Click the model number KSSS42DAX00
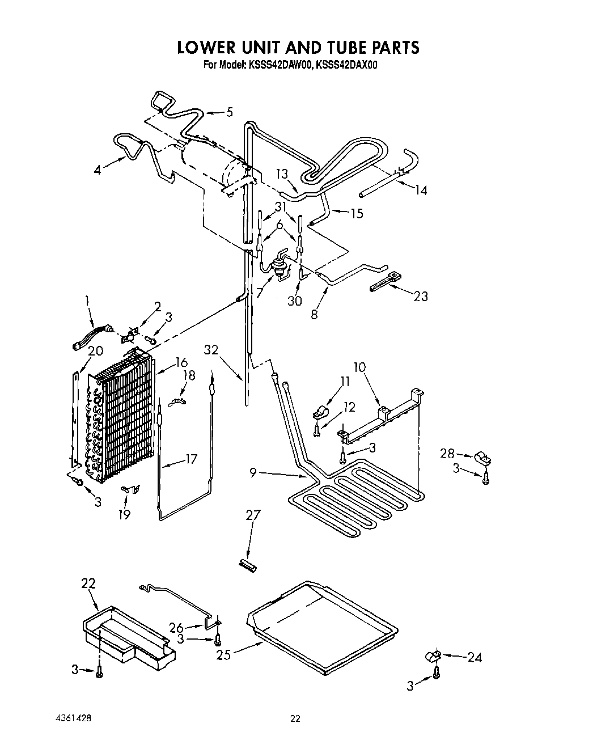(346, 65)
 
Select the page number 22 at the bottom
(295, 719)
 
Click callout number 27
(253, 515)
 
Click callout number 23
(420, 296)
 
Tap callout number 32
(211, 350)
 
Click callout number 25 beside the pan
(223, 655)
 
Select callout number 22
(88, 583)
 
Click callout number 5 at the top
(230, 112)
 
